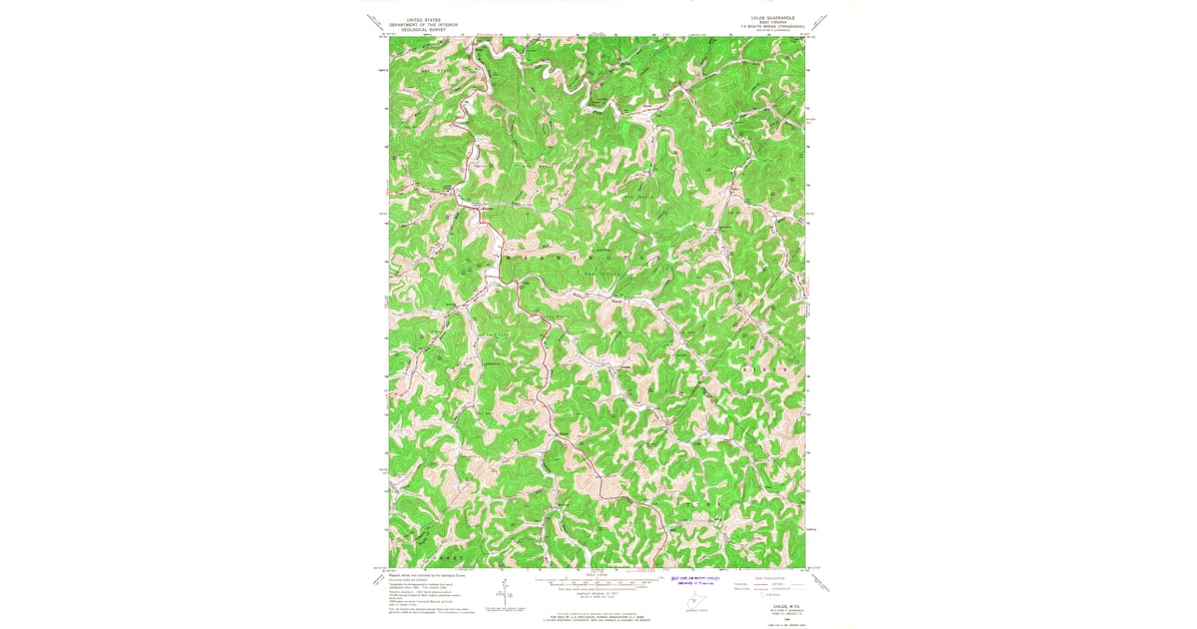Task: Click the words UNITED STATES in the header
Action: (420, 20)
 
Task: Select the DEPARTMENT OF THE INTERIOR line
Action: (420, 25)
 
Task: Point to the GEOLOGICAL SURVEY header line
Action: (420, 30)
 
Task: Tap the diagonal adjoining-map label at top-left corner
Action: (374, 21)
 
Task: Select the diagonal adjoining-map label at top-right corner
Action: (821, 21)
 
